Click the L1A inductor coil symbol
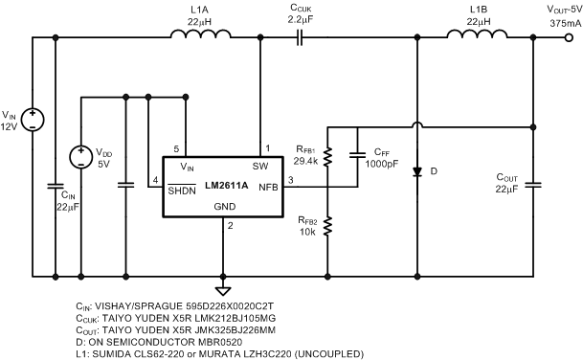(x=201, y=36)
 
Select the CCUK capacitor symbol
(x=301, y=37)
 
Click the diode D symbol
(x=416, y=173)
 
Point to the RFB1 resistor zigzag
(x=327, y=156)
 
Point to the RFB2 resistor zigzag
(x=327, y=226)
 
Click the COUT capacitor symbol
(x=533, y=181)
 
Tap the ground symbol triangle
(x=223, y=290)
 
